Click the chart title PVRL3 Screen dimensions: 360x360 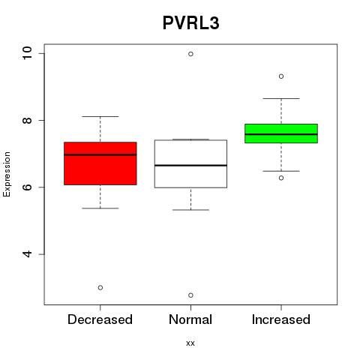pos(191,23)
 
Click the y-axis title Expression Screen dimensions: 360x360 pos(7,174)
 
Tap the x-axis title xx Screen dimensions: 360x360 pos(190,343)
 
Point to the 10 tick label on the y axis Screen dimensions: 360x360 pos(27,53)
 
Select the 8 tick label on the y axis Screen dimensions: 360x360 pos(27,120)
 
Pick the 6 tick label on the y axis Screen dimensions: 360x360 pos(27,187)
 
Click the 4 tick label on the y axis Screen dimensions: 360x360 pos(27,254)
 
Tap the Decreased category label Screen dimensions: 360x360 pos(100,319)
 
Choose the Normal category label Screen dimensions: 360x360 pos(190,319)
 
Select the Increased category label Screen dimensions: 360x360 pos(281,319)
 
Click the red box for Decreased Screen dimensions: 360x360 pos(100,163)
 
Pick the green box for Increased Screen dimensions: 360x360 pos(281,133)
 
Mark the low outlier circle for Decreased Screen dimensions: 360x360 pos(100,288)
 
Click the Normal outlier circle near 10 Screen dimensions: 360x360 pos(190,54)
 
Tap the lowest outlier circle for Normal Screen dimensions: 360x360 pos(190,295)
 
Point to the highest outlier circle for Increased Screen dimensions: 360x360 pos(281,76)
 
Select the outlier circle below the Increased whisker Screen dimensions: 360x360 pos(281,178)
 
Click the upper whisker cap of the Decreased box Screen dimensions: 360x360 pos(100,116)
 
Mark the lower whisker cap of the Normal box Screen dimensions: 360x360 pos(190,210)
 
